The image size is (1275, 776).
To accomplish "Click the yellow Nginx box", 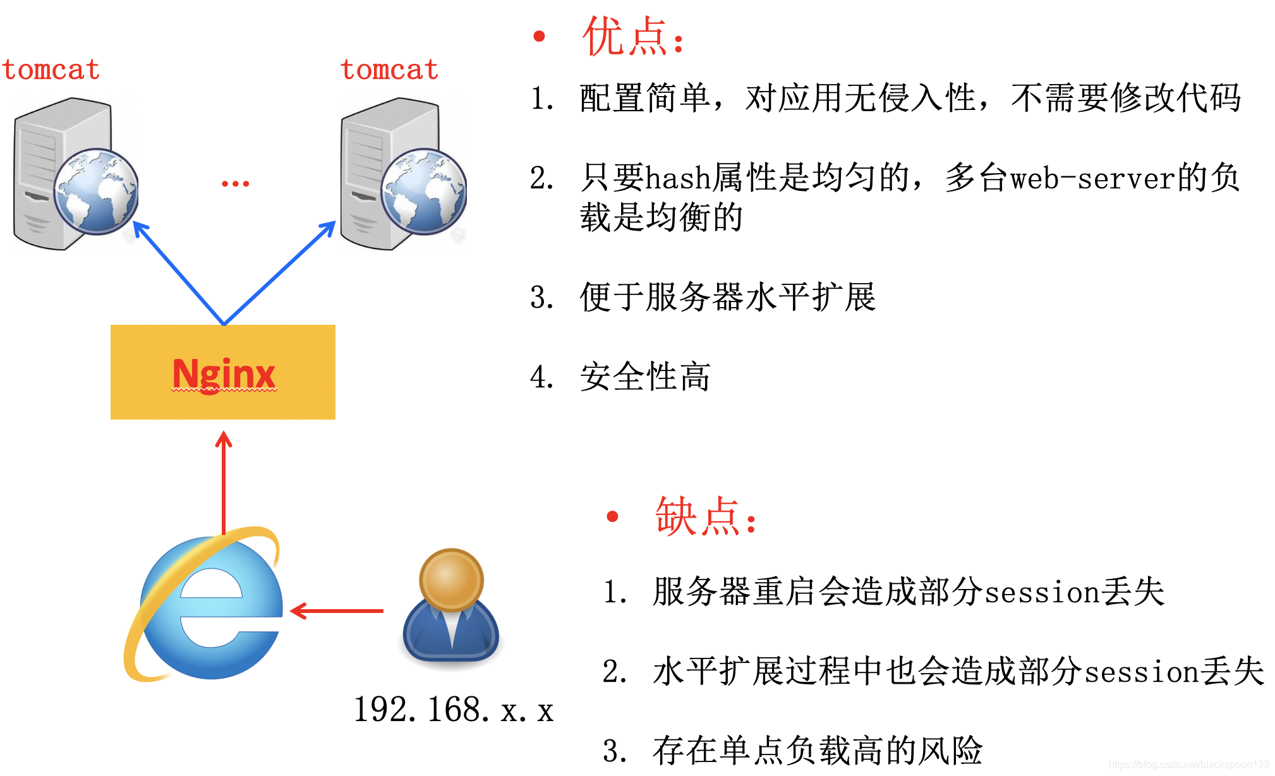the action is tap(222, 372).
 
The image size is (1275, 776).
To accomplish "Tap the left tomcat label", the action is tap(51, 70).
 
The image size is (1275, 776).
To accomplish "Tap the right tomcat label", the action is tap(389, 70).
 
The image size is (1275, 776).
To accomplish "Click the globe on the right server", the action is tap(423, 191).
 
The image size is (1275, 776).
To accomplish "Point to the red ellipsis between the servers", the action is tap(235, 184).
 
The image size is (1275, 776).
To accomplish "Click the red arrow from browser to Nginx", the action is tap(224, 480).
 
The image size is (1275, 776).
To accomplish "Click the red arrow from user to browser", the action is tap(338, 611).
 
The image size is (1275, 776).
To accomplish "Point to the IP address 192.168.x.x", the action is tap(453, 710).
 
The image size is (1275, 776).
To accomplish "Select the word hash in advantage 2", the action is tap(678, 178).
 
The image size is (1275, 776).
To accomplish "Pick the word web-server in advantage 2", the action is tap(1093, 178).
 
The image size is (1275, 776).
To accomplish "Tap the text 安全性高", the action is tap(645, 377).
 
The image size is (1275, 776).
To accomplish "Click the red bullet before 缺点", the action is tap(612, 516).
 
